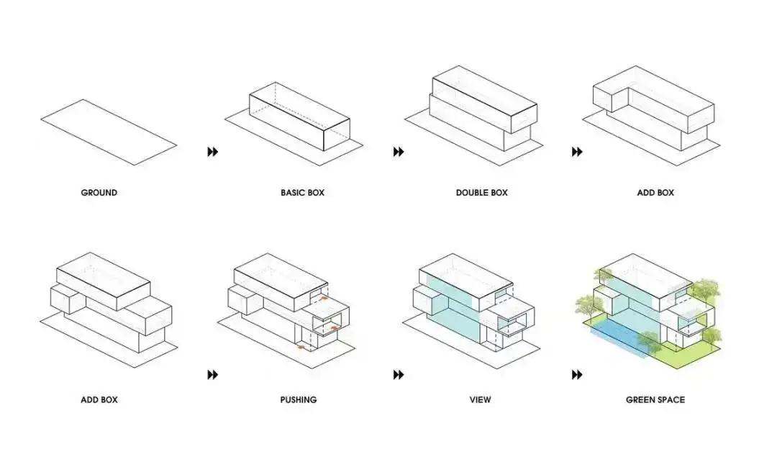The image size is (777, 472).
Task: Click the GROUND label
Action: (x=99, y=192)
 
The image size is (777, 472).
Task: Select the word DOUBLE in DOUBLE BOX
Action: (x=472, y=192)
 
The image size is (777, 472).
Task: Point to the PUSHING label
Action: (x=299, y=399)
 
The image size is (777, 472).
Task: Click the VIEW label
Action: (x=480, y=399)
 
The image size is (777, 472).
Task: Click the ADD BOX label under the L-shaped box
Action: (x=655, y=192)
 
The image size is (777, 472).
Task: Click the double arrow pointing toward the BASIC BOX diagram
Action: (x=212, y=152)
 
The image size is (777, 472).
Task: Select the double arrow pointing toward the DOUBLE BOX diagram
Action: (x=399, y=152)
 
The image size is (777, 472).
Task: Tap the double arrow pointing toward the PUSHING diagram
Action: (x=212, y=375)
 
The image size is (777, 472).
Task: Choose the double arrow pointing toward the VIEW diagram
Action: (x=399, y=375)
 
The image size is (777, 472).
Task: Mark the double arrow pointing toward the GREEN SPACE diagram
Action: (x=577, y=375)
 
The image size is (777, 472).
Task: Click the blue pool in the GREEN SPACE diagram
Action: (x=618, y=337)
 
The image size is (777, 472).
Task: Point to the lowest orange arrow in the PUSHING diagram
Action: (x=301, y=347)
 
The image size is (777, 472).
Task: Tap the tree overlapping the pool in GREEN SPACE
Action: (x=648, y=342)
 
